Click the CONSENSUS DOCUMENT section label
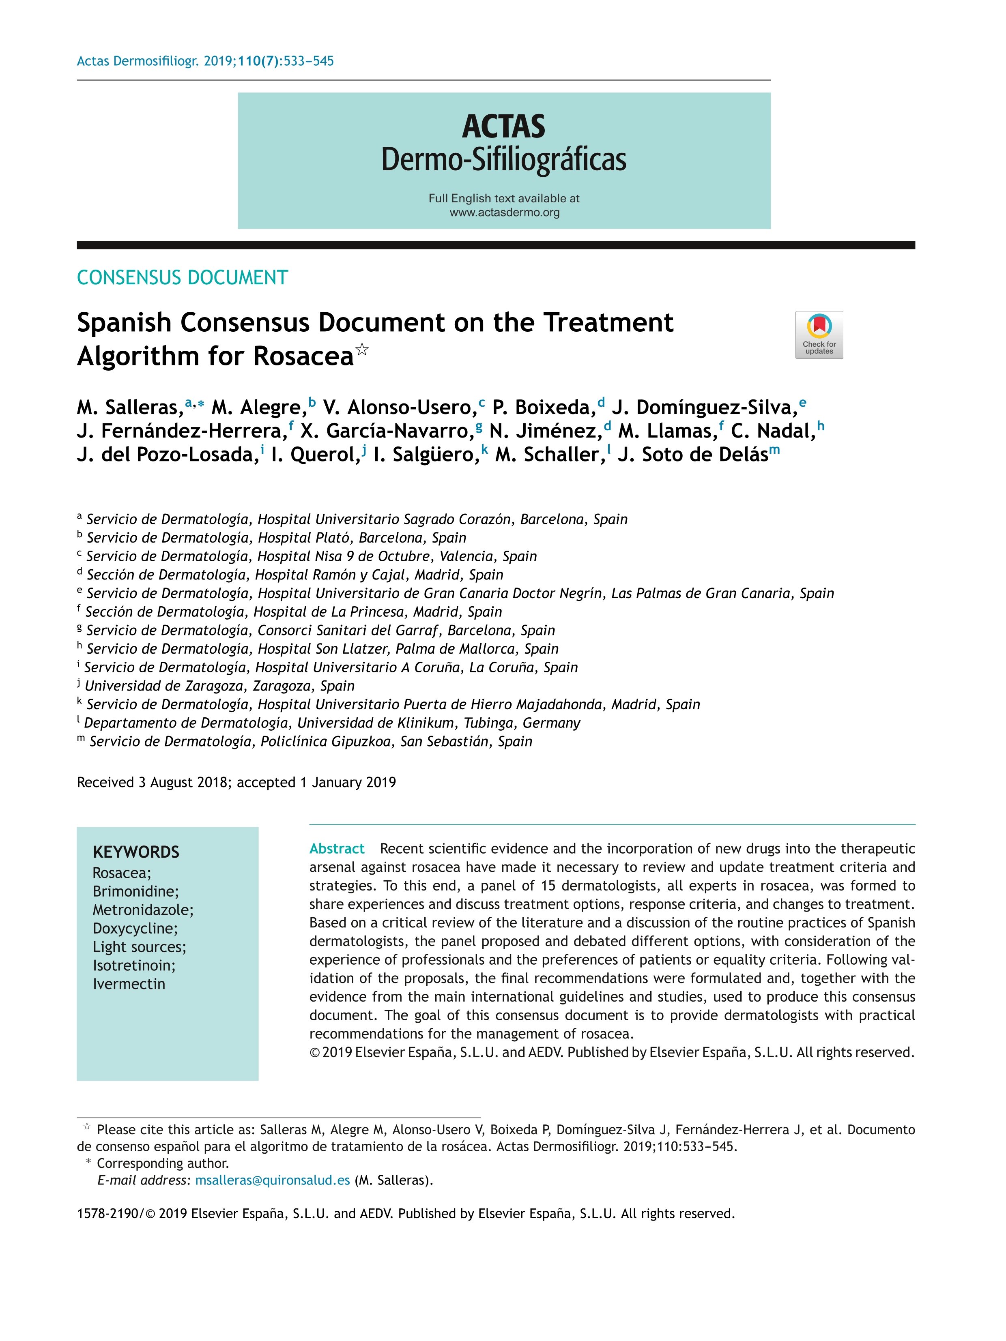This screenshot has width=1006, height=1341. click(x=182, y=278)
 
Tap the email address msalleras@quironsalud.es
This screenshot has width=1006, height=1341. click(x=272, y=1180)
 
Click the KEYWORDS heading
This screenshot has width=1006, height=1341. click(x=136, y=852)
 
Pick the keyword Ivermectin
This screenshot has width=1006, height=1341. click(x=129, y=984)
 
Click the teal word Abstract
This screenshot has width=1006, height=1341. click(x=337, y=848)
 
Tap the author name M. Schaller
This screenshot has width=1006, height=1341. click(x=549, y=455)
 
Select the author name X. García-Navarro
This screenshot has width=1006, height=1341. click(x=387, y=431)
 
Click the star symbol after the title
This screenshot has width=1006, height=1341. click(x=362, y=349)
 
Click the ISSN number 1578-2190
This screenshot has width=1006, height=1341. click(x=107, y=1214)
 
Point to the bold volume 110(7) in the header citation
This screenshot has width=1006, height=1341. click(x=259, y=61)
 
